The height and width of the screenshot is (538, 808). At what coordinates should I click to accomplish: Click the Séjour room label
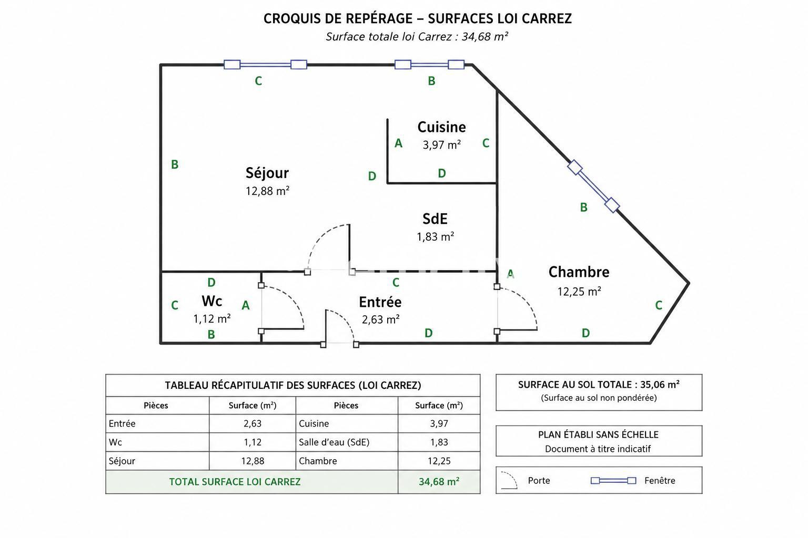coord(267,173)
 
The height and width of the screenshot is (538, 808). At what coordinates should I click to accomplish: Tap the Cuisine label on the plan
coord(441,127)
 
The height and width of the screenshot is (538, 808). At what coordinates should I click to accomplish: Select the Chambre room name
coord(579,272)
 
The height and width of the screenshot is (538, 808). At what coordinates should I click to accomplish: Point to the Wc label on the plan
coord(212,301)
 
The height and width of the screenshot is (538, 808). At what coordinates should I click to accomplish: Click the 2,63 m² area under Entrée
coord(380,319)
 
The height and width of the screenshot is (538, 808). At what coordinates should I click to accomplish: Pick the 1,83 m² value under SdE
coord(435,236)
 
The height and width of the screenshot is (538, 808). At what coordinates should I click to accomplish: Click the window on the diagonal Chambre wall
coord(593,187)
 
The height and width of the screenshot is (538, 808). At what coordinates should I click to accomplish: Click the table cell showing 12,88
coord(252,461)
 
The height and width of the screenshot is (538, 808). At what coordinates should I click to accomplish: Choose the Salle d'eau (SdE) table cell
coord(334,442)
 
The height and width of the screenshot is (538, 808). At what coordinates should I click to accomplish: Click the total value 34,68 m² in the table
coord(439,482)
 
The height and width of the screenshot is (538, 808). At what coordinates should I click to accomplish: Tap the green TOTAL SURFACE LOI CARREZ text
coord(235,482)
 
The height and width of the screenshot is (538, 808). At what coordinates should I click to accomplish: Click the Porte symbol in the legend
coord(509,480)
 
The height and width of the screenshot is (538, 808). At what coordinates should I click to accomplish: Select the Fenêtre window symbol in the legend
coord(613,481)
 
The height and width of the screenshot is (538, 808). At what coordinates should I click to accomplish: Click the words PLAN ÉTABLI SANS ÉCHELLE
coord(599,434)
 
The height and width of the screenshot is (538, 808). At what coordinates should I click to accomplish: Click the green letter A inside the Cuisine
coord(398,143)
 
